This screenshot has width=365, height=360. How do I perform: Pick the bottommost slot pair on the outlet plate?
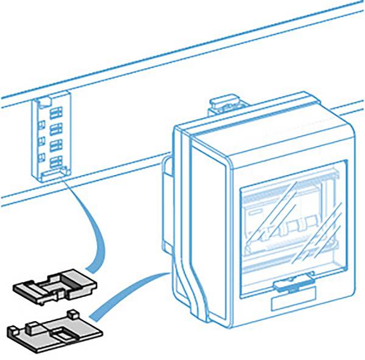pyautogui.click(x=56, y=162)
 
